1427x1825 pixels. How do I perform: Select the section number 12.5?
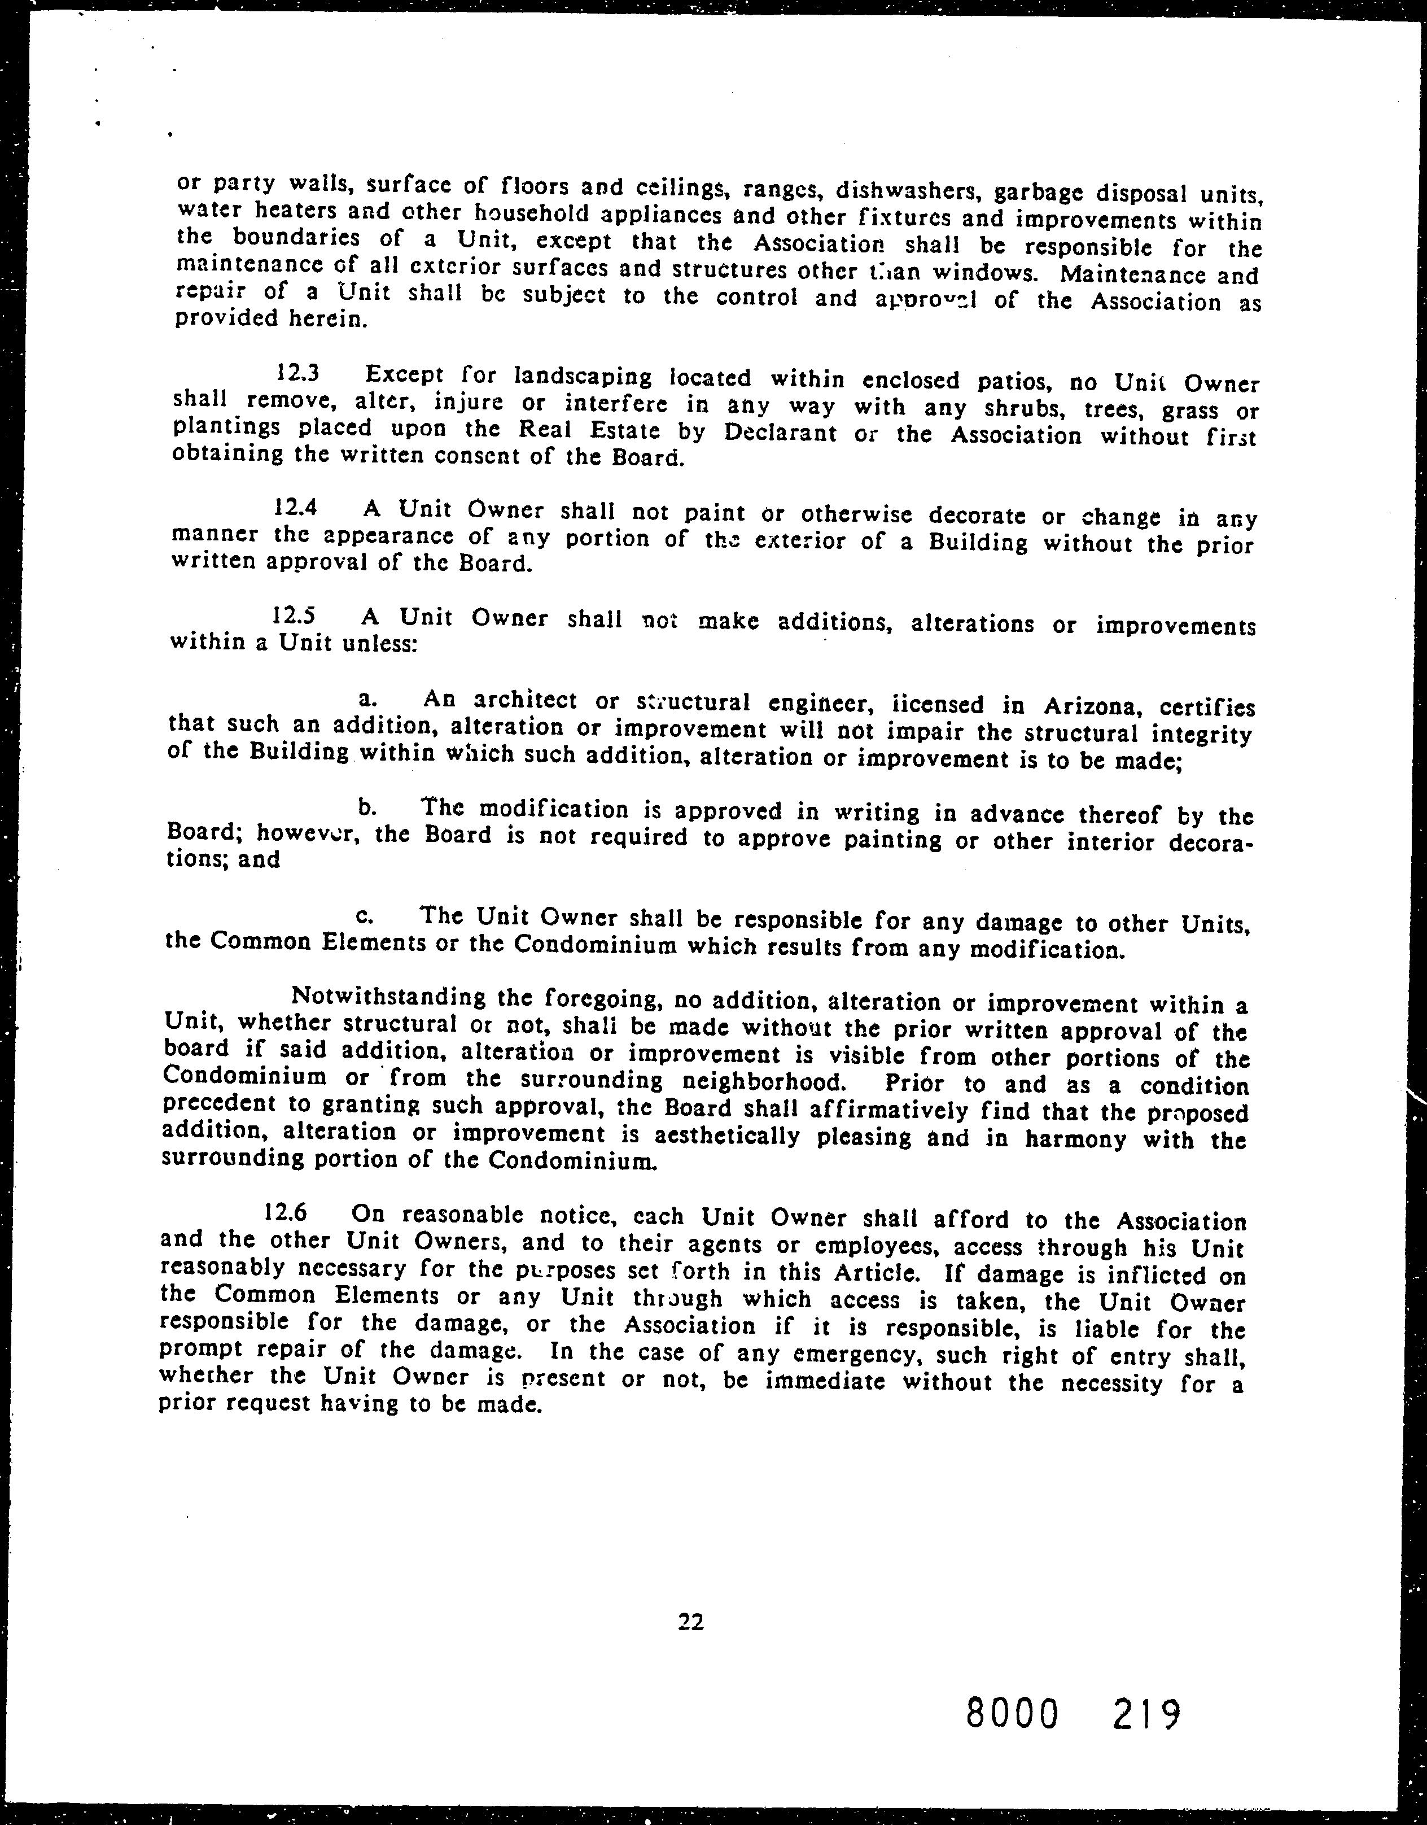click(x=294, y=616)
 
